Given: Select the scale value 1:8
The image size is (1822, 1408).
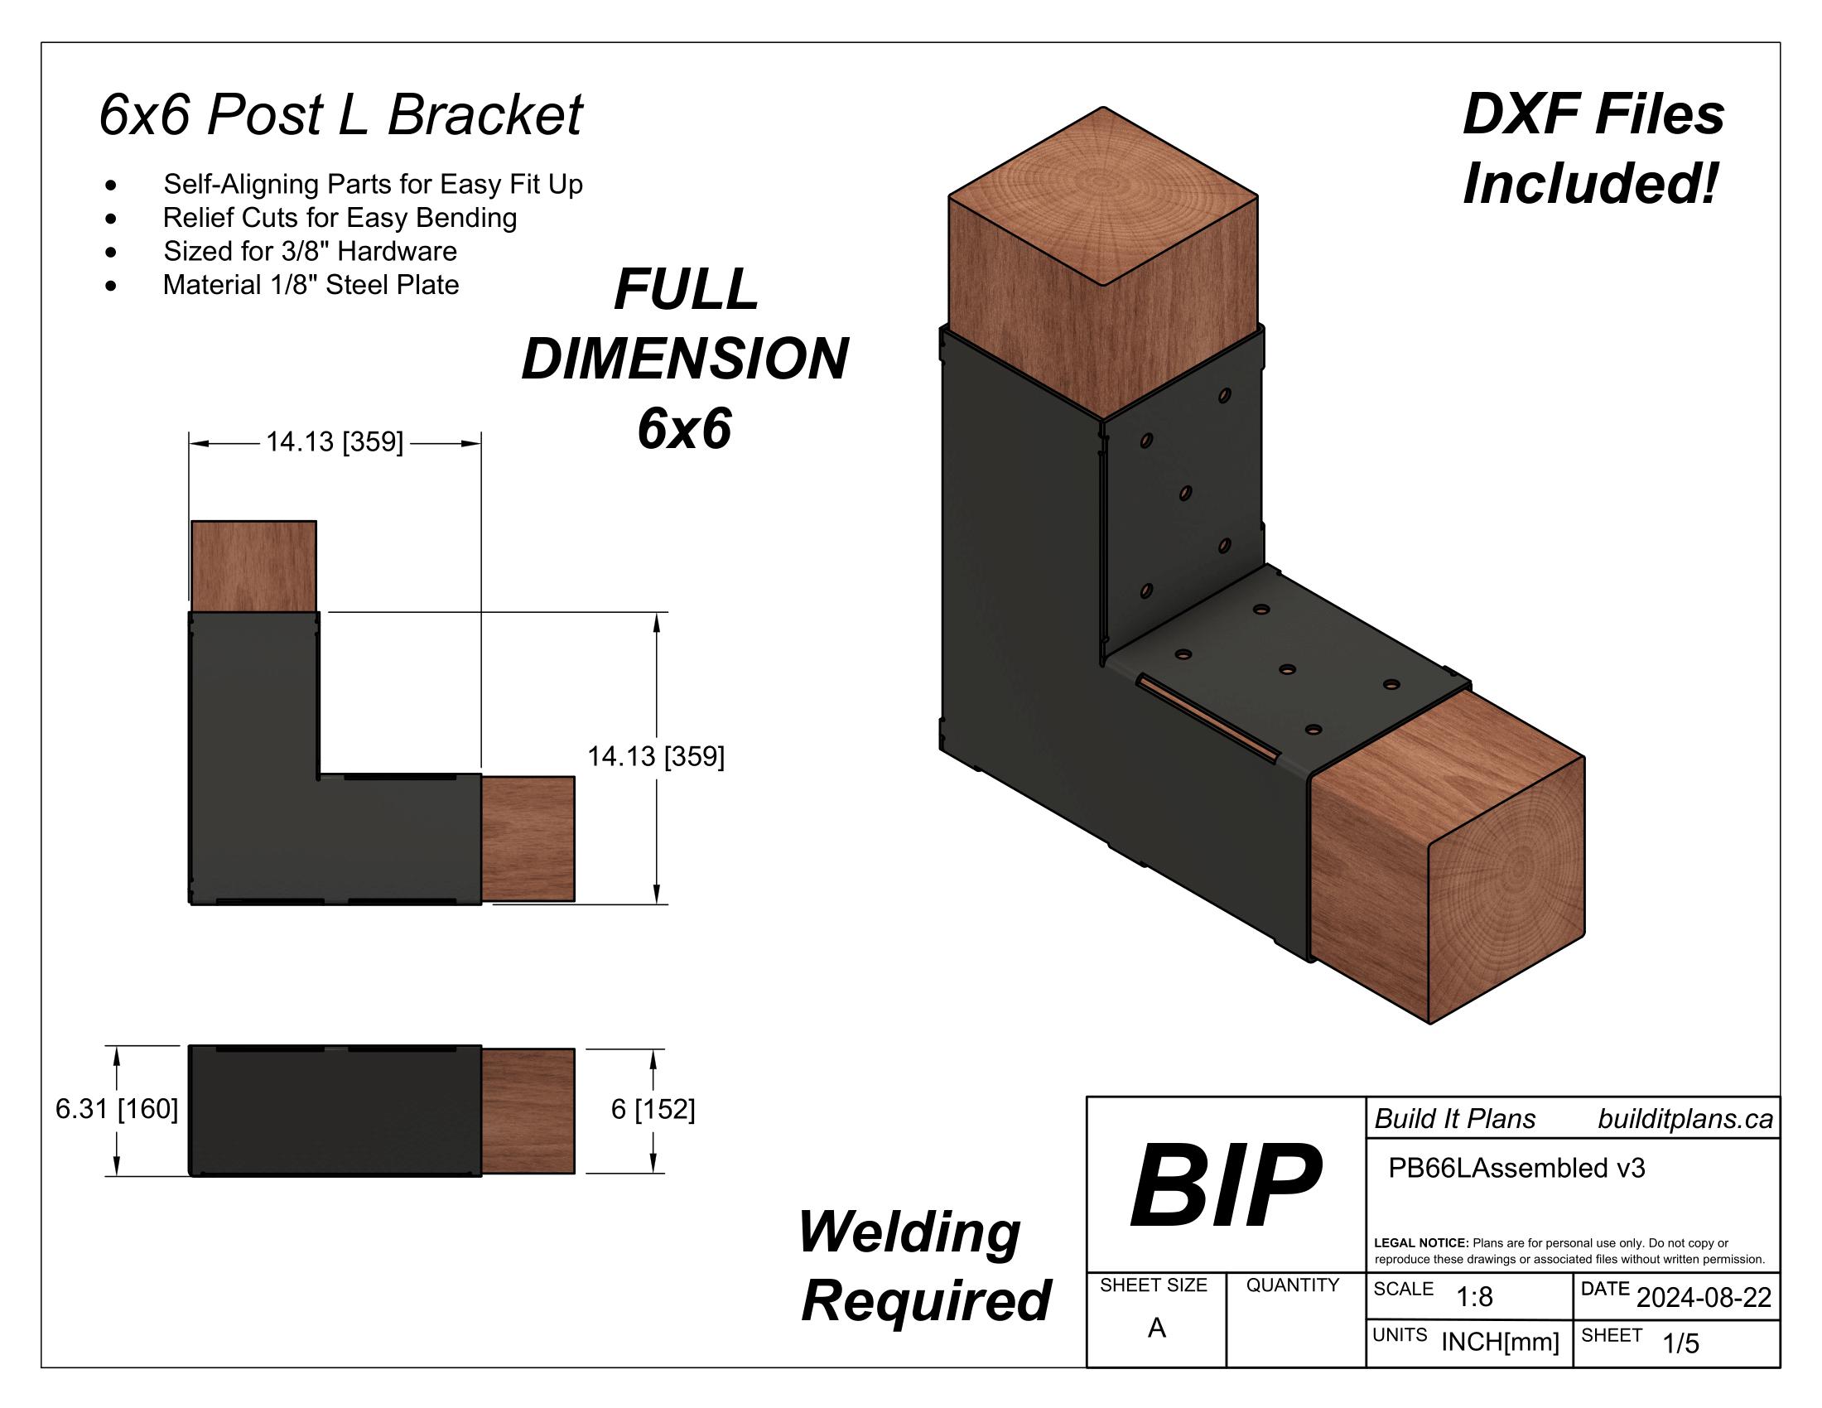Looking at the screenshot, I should pyautogui.click(x=1474, y=1296).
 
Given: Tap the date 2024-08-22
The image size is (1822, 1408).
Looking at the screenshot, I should pyautogui.click(x=1704, y=1297).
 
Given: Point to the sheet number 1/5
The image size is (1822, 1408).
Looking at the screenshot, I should pyautogui.click(x=1680, y=1343).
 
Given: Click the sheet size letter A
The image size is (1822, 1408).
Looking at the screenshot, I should pyautogui.click(x=1156, y=1327).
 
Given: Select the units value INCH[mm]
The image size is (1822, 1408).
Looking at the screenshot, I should pyautogui.click(x=1500, y=1341).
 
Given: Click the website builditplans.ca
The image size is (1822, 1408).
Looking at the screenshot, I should pyautogui.click(x=1685, y=1119).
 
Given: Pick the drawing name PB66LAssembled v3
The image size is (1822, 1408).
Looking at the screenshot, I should pyautogui.click(x=1516, y=1168).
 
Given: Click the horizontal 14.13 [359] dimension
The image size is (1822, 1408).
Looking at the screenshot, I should pyautogui.click(x=335, y=442).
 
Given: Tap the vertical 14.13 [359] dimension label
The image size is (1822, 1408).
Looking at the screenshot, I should pyautogui.click(x=656, y=756).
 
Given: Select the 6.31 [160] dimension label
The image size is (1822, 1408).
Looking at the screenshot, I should pyautogui.click(x=117, y=1109).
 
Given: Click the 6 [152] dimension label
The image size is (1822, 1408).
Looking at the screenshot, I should pyautogui.click(x=653, y=1109).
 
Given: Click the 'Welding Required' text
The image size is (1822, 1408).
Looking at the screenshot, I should pyautogui.click(x=924, y=1266).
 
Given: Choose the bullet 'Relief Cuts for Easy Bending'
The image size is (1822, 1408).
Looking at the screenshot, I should pyautogui.click(x=340, y=218).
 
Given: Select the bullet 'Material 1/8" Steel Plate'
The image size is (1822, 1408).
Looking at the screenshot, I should pyautogui.click(x=311, y=285).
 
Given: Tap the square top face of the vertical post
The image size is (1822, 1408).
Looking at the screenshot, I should pyautogui.click(x=1103, y=197).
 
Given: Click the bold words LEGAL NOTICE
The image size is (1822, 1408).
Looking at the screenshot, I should pyautogui.click(x=1420, y=1243).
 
